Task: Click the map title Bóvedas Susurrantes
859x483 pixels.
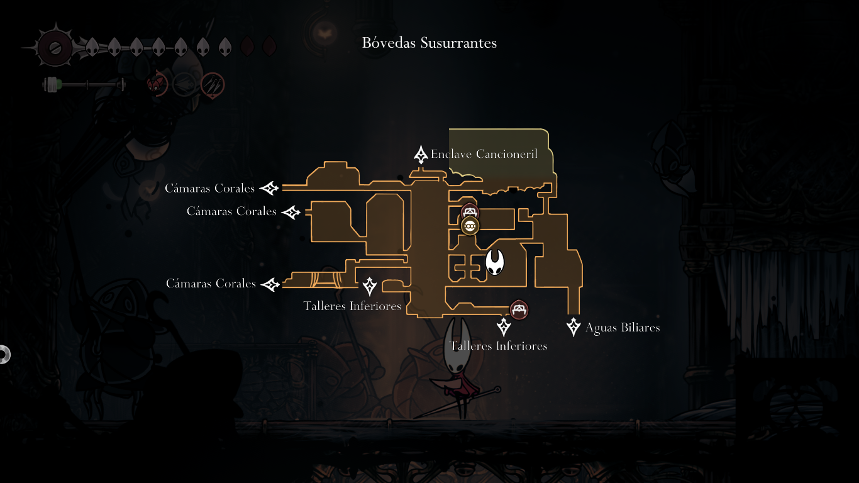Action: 429,43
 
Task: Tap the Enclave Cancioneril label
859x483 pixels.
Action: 484,154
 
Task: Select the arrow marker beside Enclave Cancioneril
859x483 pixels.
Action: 421,155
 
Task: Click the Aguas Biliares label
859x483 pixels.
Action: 622,328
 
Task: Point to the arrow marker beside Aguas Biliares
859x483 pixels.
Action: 574,327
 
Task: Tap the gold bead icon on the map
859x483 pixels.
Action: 470,225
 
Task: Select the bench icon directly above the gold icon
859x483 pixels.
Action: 470,211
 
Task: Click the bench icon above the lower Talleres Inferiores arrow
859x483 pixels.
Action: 519,309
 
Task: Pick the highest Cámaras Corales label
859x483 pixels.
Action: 209,189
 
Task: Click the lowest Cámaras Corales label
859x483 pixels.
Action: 211,284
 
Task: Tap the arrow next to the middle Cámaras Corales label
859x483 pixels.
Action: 291,212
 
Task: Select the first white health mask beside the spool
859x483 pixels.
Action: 92,47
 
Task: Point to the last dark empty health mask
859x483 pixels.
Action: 269,47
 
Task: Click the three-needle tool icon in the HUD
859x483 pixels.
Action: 213,84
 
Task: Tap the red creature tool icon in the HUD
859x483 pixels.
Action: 157,84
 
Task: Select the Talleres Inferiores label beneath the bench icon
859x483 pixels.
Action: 499,346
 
